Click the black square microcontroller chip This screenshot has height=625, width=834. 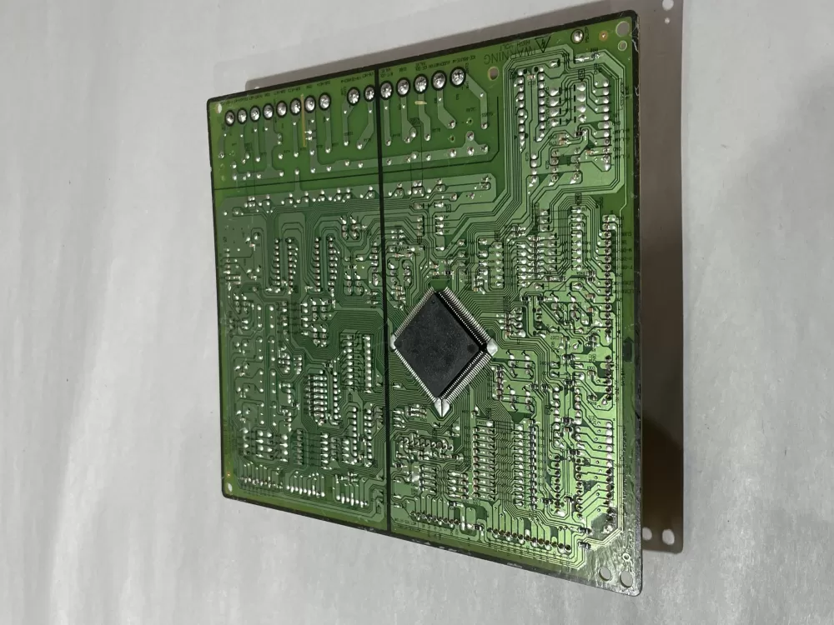pyautogui.click(x=441, y=345)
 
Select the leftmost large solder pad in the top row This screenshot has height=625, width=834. pyautogui.click(x=229, y=116)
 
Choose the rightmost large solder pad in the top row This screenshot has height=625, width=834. pyautogui.click(x=457, y=77)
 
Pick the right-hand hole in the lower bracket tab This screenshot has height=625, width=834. pyautogui.click(x=666, y=538)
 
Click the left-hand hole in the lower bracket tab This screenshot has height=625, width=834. pyautogui.click(x=646, y=530)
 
